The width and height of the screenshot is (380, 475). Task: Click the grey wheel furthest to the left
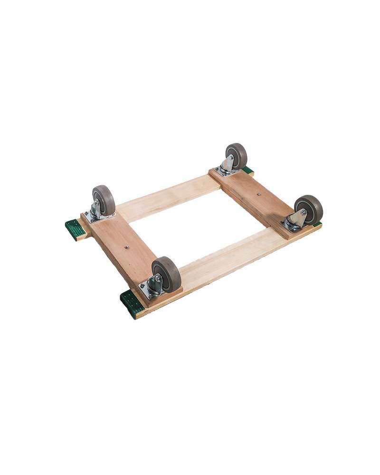click(x=104, y=199)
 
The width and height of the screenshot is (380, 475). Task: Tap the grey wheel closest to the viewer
click(x=167, y=275)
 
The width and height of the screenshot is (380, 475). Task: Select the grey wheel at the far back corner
click(x=237, y=155)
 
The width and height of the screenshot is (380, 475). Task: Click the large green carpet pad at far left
click(x=75, y=230)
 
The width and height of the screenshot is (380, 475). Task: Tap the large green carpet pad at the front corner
click(x=132, y=304)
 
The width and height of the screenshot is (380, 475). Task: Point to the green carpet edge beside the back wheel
click(x=247, y=170)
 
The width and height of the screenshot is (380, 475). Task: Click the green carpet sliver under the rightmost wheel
click(x=317, y=224)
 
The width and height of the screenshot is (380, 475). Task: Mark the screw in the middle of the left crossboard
click(x=127, y=247)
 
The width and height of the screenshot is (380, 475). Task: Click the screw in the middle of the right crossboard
click(x=258, y=194)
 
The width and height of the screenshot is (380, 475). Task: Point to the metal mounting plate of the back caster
click(x=224, y=170)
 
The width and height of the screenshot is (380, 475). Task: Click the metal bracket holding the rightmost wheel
click(x=297, y=219)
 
